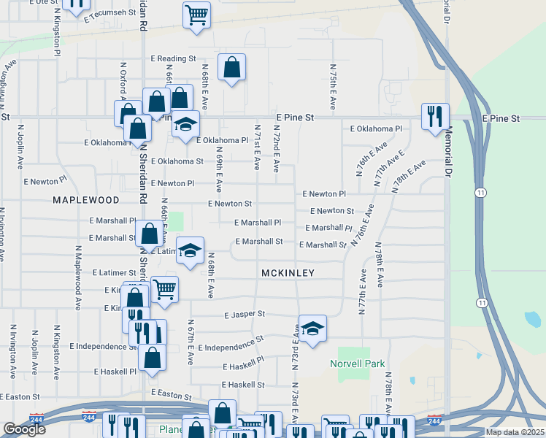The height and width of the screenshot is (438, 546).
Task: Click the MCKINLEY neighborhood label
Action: (x=288, y=273)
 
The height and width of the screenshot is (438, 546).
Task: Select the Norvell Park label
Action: (x=357, y=364)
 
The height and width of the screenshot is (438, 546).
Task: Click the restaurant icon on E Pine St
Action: (x=435, y=115)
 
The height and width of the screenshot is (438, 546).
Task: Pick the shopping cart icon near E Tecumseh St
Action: (x=196, y=14)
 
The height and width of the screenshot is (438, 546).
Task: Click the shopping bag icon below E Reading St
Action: (x=231, y=67)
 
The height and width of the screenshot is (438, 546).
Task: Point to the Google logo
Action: (x=24, y=429)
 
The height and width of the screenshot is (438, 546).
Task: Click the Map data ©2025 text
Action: (x=514, y=432)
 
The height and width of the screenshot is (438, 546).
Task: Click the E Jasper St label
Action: (x=245, y=315)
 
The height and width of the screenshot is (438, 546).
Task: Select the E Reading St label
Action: (x=173, y=58)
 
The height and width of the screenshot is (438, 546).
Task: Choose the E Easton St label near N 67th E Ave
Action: (x=171, y=393)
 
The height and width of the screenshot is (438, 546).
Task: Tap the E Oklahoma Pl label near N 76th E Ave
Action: (x=376, y=128)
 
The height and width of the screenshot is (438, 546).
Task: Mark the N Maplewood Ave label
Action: (x=77, y=277)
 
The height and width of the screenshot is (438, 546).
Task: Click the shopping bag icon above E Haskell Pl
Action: (x=152, y=357)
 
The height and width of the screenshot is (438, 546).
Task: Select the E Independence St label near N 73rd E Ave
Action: (x=229, y=345)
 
